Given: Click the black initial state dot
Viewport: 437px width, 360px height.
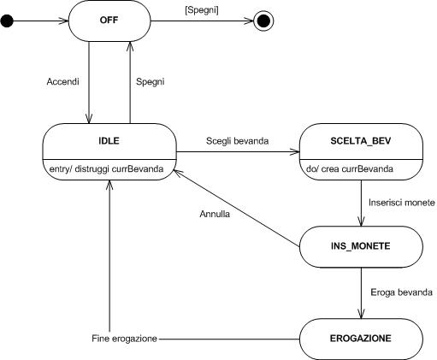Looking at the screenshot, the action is click(7, 21).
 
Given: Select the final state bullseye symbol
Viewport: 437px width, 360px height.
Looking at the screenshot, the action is click(263, 21).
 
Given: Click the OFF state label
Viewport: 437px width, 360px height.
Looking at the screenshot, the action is click(109, 21).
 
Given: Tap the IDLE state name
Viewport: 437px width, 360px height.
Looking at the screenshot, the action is click(109, 141).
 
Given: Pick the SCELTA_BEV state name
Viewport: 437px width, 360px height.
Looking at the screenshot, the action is click(361, 141).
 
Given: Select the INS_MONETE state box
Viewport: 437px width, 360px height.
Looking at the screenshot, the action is click(361, 246).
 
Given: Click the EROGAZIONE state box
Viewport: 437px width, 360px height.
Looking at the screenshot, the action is click(361, 339).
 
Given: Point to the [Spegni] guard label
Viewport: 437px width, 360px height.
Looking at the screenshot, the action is click(202, 10).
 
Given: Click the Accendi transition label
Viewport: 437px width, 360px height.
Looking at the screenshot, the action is click(62, 82).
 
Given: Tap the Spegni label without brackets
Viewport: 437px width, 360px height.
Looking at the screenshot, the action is click(151, 82).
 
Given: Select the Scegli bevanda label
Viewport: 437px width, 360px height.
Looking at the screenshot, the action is click(237, 141).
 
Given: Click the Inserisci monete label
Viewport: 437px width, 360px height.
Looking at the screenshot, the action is click(402, 203).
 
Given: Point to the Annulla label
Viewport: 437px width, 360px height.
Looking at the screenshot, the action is click(215, 214).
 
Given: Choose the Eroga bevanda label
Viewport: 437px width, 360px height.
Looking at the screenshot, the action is click(401, 292).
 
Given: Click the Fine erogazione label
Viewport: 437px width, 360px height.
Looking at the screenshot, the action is click(124, 339).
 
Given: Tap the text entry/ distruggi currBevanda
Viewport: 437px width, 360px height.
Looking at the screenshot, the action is click(106, 169).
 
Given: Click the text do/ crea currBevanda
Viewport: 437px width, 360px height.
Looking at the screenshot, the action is click(350, 169).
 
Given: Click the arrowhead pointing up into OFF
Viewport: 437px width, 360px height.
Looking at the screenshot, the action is click(130, 46).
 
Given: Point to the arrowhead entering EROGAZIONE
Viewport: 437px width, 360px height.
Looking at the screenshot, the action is click(361, 314).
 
